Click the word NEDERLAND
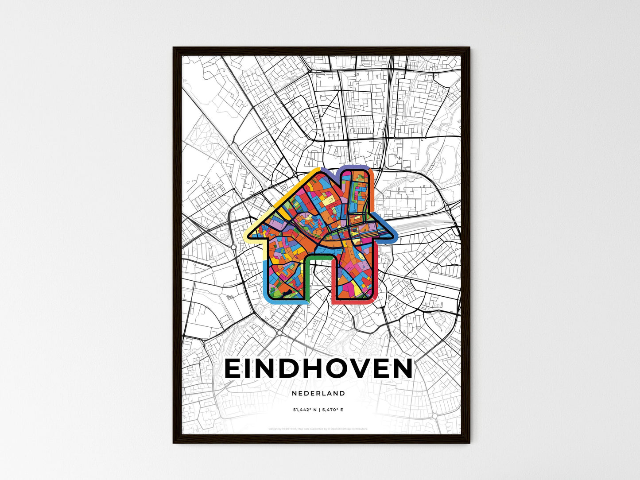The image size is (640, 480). coord(318,393)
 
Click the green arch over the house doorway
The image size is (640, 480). coord(319,256)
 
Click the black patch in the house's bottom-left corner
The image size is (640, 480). coord(288,292)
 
